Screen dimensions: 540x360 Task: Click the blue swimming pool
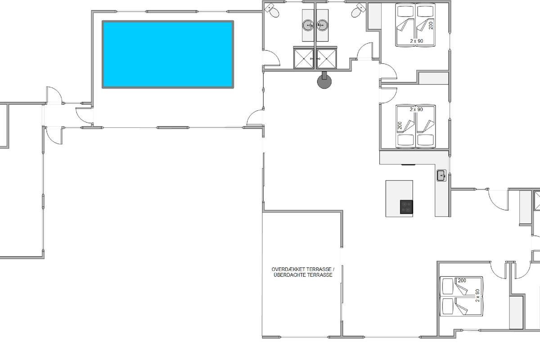pyautogui.click(x=168, y=54)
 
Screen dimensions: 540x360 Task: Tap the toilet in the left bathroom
pyautogui.click(x=272, y=10)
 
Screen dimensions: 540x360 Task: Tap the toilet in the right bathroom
pyautogui.click(x=359, y=10)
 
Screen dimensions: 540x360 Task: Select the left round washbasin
pyautogui.click(x=308, y=25)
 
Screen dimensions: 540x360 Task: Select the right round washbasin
pyautogui.click(x=322, y=25)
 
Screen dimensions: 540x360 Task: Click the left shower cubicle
pyautogui.click(x=304, y=58)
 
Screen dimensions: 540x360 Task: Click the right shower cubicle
pyautogui.click(x=326, y=58)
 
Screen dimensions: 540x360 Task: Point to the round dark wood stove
pyautogui.click(x=324, y=81)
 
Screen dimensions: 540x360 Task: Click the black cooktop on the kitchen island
pyautogui.click(x=406, y=207)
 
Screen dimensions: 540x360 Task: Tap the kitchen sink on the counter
pyautogui.click(x=441, y=175)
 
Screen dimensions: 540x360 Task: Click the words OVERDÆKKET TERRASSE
pyautogui.click(x=303, y=270)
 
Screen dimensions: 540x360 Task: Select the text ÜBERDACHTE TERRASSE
pyautogui.click(x=303, y=275)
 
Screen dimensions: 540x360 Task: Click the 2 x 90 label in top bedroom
pyautogui.click(x=417, y=41)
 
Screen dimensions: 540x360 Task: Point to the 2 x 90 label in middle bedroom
pyautogui.click(x=416, y=109)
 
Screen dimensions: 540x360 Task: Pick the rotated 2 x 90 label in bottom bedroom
pyautogui.click(x=477, y=296)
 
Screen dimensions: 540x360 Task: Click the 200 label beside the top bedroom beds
pyautogui.click(x=431, y=26)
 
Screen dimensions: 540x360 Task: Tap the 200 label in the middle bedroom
pyautogui.click(x=400, y=126)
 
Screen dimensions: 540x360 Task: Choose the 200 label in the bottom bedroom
pyautogui.click(x=462, y=280)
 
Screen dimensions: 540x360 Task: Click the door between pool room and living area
pyautogui.click(x=256, y=117)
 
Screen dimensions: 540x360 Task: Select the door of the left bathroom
pyautogui.click(x=271, y=58)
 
